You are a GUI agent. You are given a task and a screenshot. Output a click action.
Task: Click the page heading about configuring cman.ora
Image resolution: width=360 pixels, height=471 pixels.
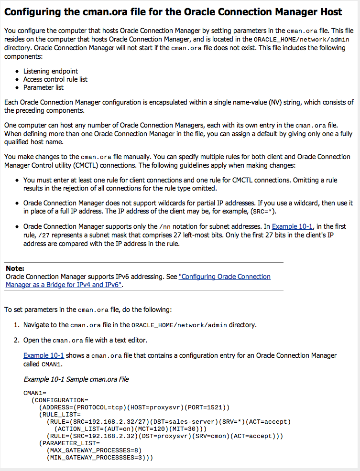point(173,12)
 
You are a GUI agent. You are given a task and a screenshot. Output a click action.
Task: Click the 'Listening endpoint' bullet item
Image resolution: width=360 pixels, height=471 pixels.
point(51,71)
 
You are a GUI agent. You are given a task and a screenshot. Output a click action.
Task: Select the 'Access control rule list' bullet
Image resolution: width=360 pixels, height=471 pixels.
point(55,79)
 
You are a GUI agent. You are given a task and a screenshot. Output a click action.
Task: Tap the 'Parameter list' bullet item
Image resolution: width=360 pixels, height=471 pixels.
point(44,87)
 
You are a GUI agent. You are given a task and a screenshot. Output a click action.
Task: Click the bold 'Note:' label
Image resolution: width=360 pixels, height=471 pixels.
point(15,268)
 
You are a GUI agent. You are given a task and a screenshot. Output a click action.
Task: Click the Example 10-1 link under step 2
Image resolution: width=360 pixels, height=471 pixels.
point(44,355)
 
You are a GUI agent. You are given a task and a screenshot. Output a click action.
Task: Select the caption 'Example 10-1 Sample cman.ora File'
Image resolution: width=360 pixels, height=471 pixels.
point(76,379)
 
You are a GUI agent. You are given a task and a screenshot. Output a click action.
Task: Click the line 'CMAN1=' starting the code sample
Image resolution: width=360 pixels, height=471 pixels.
point(35,393)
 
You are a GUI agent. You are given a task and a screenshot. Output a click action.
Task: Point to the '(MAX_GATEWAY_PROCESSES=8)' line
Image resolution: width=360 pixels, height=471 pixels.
point(94,450)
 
